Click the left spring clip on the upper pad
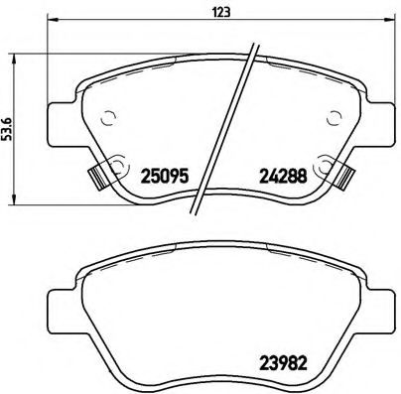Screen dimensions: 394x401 [x=96, y=179]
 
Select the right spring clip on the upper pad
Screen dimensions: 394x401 [x=346, y=179]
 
